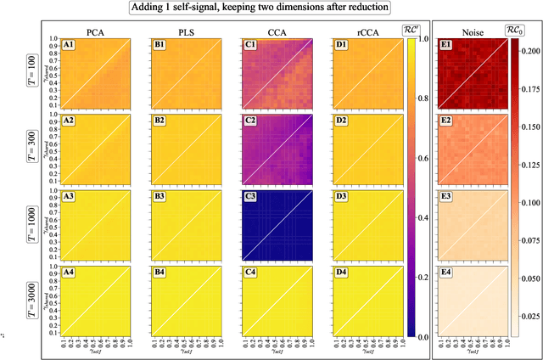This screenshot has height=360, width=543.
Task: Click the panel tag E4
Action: coord(445,274)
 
